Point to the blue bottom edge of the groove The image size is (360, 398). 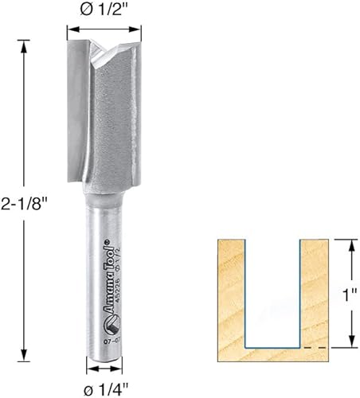[272, 348]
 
